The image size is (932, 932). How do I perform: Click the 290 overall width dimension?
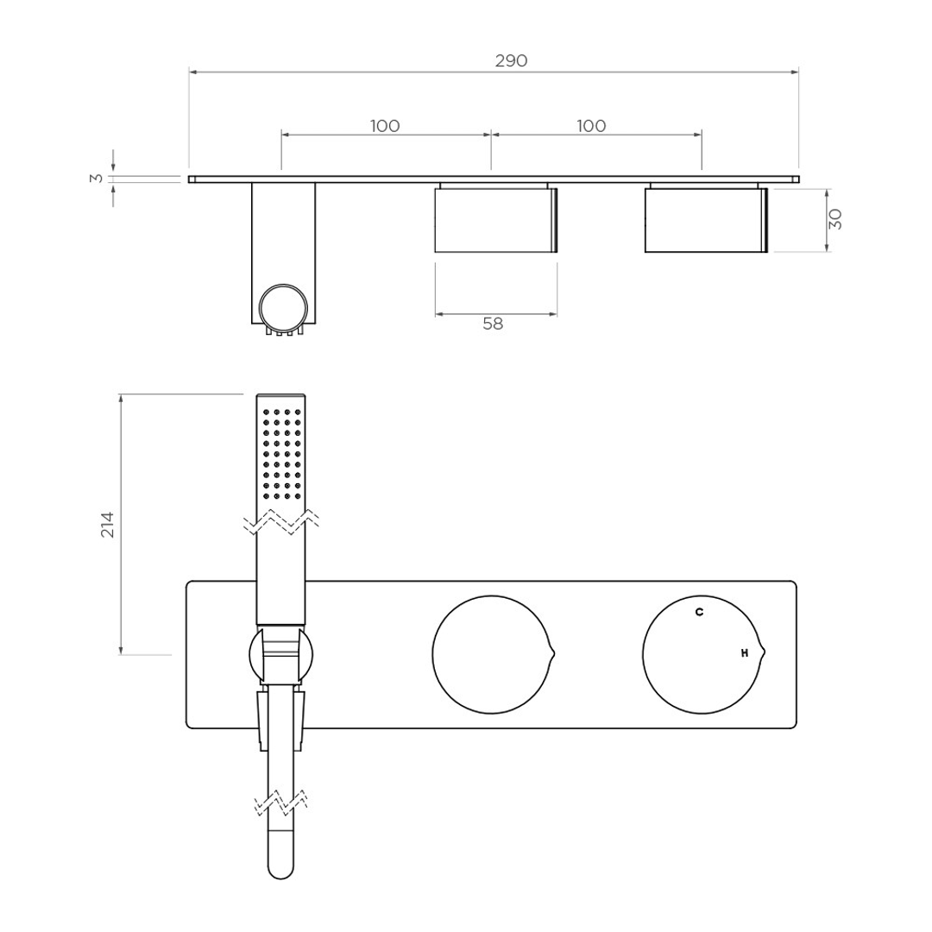pyautogui.click(x=511, y=60)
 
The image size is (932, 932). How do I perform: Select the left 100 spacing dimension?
pyautogui.click(x=385, y=126)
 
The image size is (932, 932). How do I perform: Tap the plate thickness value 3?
pyautogui.click(x=98, y=179)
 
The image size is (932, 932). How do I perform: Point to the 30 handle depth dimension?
pyautogui.click(x=834, y=219)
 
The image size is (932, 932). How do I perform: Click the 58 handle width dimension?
pyautogui.click(x=493, y=324)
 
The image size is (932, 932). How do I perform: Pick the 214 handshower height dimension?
pyautogui.click(x=108, y=524)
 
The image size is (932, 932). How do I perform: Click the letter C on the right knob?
pyautogui.click(x=699, y=612)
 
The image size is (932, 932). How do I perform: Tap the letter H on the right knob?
pyautogui.click(x=744, y=653)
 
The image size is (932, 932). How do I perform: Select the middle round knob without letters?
pyautogui.click(x=490, y=655)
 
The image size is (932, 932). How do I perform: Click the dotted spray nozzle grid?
pyautogui.click(x=281, y=454)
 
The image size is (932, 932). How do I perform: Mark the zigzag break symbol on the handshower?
pyautogui.click(x=281, y=520)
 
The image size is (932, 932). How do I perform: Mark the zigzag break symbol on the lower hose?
pyautogui.click(x=281, y=803)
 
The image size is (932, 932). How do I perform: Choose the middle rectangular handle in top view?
pyautogui.click(x=494, y=220)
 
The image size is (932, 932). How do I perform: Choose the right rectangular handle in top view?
pyautogui.click(x=705, y=220)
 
